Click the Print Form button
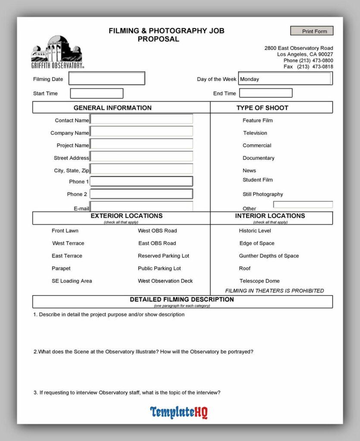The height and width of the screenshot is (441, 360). pos(312,31)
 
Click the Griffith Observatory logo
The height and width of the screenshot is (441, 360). pos(57,52)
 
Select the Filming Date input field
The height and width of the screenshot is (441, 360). pos(107,78)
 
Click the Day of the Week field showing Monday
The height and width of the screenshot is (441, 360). pos(285,79)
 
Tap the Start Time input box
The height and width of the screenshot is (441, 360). pos(97,93)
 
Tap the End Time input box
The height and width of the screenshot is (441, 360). pos(266,93)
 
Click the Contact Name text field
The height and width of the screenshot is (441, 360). pos(141,119)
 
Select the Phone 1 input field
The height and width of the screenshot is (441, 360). pos(141,181)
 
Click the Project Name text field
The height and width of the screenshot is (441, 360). pos(141,144)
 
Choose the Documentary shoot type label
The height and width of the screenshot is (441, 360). pos(258,158)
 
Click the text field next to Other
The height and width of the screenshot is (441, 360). pos(303,205)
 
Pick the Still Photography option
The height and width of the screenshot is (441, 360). pos(263,194)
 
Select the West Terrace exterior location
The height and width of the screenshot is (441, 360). pos(68,243)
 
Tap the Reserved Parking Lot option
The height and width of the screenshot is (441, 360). pos(163,256)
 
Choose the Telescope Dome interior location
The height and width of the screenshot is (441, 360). pos(260,281)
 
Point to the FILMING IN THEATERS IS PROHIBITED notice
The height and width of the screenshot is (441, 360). pos(275,291)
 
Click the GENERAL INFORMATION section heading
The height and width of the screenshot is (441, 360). pos(113,108)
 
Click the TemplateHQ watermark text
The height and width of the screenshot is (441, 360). pos(179,412)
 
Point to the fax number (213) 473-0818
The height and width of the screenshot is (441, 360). pos(315,67)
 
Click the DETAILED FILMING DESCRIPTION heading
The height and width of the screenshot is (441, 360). pos(182,299)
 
